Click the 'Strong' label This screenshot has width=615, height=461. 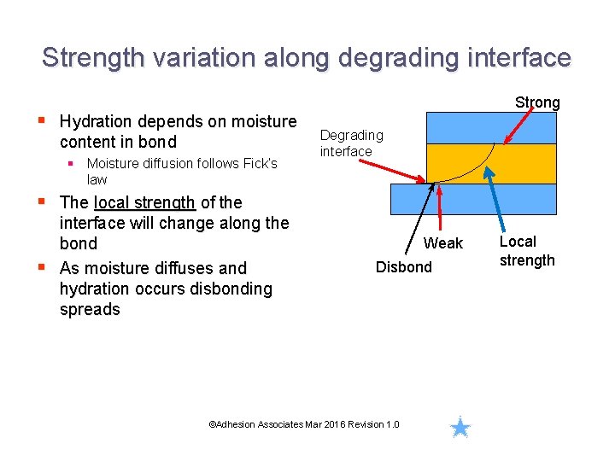click(537, 102)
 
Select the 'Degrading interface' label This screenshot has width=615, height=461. click(351, 143)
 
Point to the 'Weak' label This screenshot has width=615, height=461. click(443, 243)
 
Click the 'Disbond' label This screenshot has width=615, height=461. click(404, 267)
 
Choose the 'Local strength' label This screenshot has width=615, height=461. click(527, 251)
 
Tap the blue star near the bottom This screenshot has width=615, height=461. click(460, 427)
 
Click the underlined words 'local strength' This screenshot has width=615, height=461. click(144, 202)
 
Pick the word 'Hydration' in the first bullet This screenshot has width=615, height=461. click(94, 121)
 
